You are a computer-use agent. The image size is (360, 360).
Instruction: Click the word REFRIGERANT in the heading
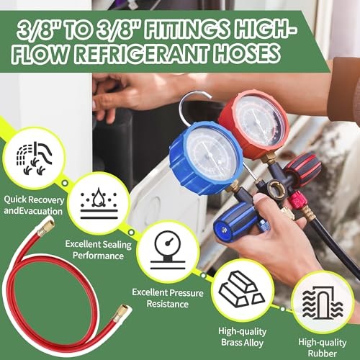pos(142,54)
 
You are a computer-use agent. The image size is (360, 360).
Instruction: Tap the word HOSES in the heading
pos(247,53)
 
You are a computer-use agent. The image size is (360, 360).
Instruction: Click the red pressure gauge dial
pos(254,124)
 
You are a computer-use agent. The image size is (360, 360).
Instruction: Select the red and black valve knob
pos(304,169)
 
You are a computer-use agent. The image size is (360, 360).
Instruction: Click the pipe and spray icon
pos(34,158)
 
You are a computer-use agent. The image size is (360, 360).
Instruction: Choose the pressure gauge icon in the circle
pos(168,251)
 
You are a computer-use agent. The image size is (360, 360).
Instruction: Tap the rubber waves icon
pos(323,303)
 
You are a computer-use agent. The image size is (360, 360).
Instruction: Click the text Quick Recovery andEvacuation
pos(34,205)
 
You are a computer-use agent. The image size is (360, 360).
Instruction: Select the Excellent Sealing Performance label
pos(99,250)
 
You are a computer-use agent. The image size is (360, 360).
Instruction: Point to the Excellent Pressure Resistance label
pos(168,298)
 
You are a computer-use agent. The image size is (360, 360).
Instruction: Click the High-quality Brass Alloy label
pos(243,337)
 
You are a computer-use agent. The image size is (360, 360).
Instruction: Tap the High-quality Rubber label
pos(323,348)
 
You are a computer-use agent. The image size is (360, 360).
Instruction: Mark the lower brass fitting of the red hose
pos(120,312)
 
